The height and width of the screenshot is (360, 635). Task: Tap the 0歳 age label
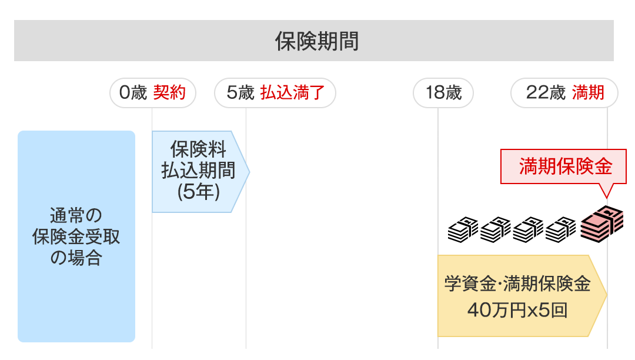click(x=132, y=93)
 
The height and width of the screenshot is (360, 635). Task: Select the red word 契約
click(x=169, y=93)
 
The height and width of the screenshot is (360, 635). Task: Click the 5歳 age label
click(x=240, y=93)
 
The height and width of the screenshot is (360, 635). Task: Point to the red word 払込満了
click(x=293, y=93)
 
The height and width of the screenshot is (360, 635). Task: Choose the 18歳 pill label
click(x=443, y=93)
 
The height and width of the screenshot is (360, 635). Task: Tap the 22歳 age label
click(x=545, y=93)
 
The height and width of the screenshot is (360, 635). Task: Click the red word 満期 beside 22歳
click(x=589, y=93)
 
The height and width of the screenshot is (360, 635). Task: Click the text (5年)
click(x=198, y=192)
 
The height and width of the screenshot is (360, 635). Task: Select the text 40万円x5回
click(x=517, y=310)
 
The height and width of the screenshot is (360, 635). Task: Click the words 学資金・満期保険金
click(x=517, y=285)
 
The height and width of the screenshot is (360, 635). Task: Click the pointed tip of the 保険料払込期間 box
click(x=248, y=171)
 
